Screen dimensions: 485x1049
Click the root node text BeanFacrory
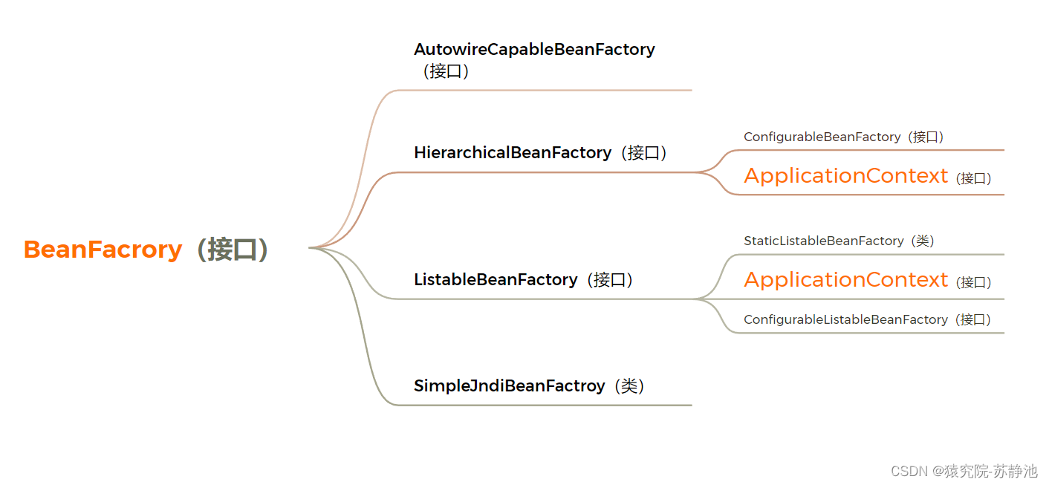click(103, 250)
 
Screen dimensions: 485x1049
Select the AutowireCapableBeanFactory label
click(534, 50)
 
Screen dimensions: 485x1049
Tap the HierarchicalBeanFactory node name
click(513, 153)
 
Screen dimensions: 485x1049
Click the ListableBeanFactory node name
click(496, 280)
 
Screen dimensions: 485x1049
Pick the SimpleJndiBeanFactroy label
click(509, 386)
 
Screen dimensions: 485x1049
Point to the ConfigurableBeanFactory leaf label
click(822, 137)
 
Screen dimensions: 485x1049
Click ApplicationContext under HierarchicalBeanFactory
click(845, 176)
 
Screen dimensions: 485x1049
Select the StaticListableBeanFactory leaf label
click(823, 241)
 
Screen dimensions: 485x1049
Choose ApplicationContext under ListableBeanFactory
click(845, 280)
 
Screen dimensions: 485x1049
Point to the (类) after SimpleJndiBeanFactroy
click(629, 386)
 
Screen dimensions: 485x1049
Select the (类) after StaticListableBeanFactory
click(921, 241)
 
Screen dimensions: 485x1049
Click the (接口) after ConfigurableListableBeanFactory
click(975, 320)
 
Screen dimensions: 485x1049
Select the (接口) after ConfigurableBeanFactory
click(928, 137)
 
